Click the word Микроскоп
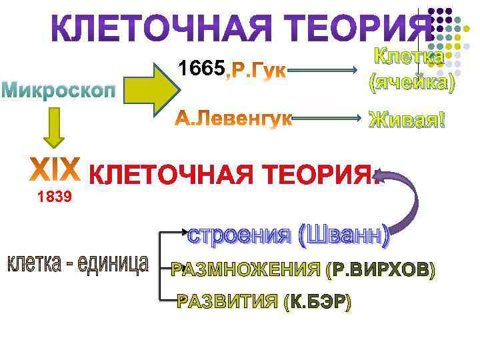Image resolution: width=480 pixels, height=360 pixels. pos(63,89)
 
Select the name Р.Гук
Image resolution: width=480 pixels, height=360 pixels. pos(257,70)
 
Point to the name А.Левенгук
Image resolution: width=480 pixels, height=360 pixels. pos(234,119)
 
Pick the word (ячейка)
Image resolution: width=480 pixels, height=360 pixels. pos(412,82)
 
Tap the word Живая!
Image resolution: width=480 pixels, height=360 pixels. pos(407,121)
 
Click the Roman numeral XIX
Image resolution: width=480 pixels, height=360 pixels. pos(57,171)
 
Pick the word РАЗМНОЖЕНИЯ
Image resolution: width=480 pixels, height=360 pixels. pos(247,270)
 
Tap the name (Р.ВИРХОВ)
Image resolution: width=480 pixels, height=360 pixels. pos(381,270)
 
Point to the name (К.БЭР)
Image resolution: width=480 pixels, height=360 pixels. pos(317,302)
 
